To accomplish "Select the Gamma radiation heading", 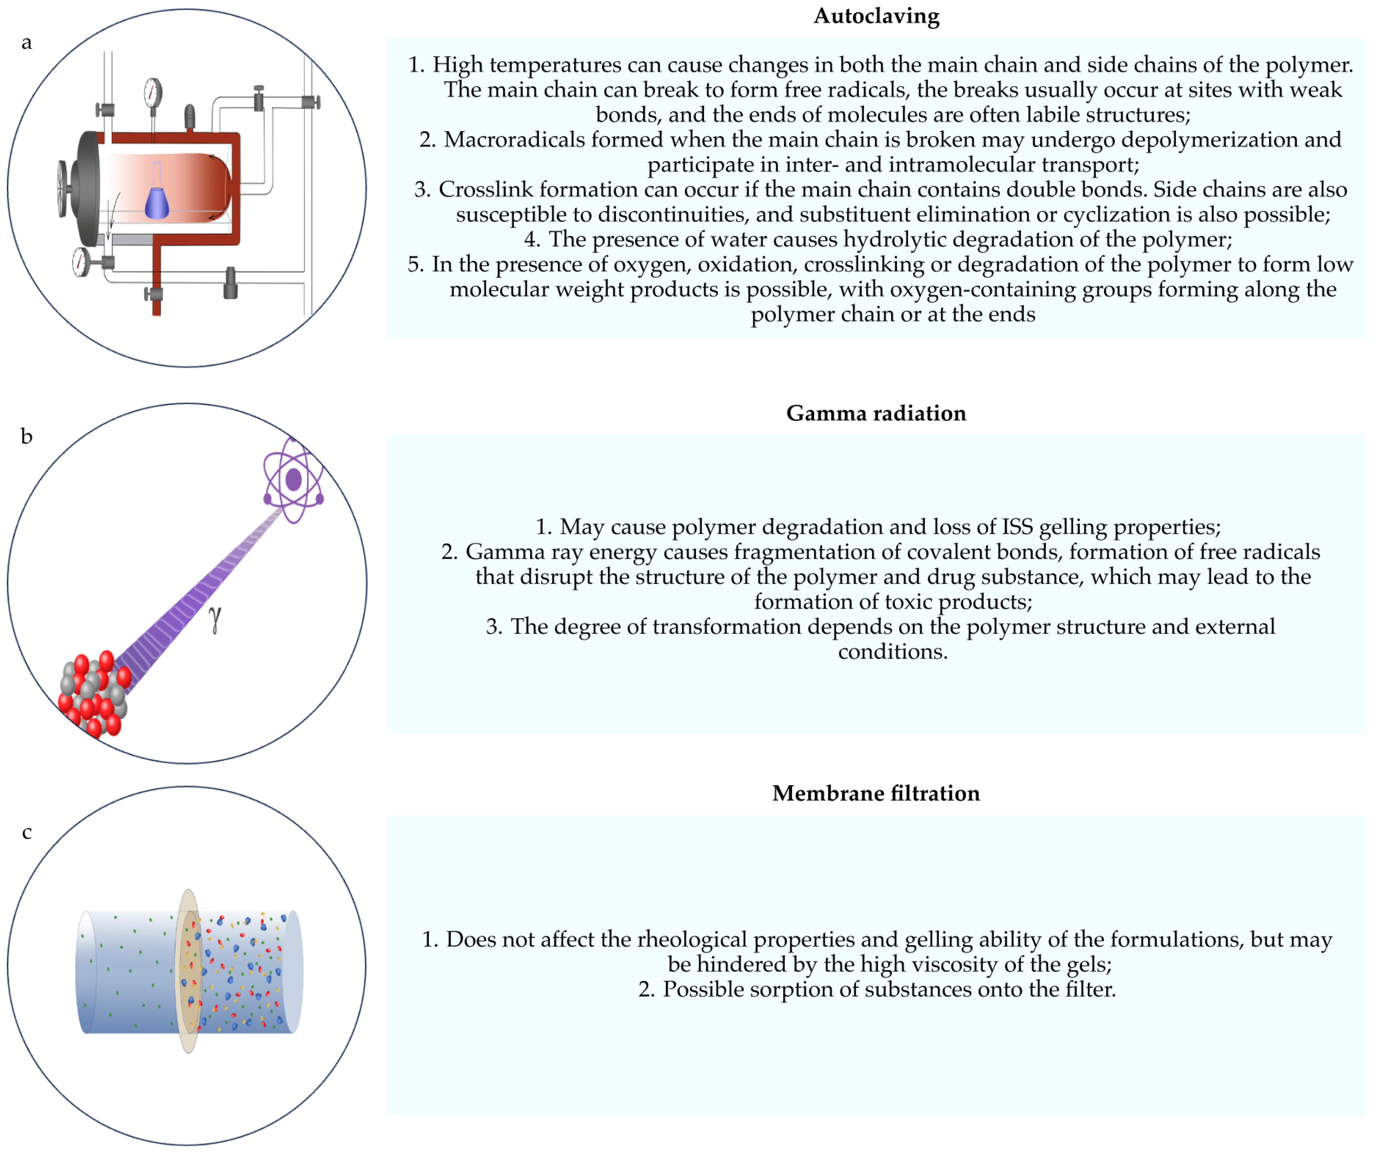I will (876, 413).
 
